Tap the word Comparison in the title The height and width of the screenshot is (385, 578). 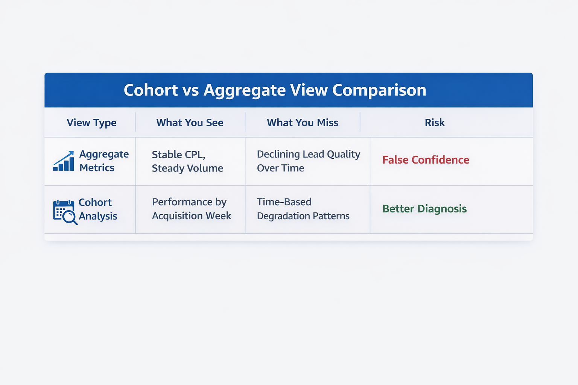(x=379, y=90)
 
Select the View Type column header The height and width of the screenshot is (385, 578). (x=91, y=123)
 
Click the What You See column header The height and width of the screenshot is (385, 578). (x=190, y=123)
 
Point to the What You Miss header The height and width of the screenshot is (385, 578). (x=303, y=123)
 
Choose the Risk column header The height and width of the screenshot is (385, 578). (x=435, y=123)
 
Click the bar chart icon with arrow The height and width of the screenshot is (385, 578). (x=64, y=161)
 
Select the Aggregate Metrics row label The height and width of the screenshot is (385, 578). (x=104, y=161)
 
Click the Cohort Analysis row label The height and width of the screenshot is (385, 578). (x=97, y=209)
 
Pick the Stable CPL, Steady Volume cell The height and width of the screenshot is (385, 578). (x=187, y=161)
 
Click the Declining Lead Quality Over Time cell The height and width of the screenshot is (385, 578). (x=308, y=161)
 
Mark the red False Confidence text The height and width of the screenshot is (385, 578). (x=426, y=160)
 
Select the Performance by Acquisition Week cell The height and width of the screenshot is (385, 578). (x=191, y=209)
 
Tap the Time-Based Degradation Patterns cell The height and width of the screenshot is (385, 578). (x=303, y=209)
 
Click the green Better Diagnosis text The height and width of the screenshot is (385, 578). (x=424, y=209)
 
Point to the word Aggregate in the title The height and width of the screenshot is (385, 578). (x=245, y=91)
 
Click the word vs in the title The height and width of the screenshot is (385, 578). (x=190, y=91)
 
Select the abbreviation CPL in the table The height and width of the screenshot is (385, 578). (x=194, y=155)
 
